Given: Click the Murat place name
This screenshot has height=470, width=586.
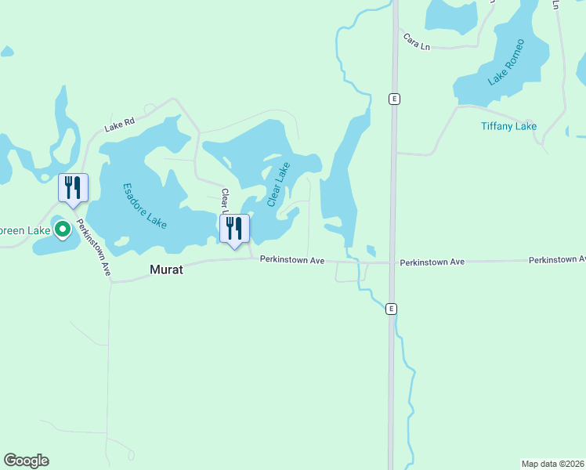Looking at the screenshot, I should pyautogui.click(x=166, y=269).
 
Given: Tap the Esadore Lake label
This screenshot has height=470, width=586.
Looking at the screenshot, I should pyautogui.click(x=145, y=206).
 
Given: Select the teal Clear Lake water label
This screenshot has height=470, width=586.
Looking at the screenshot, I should pyautogui.click(x=278, y=184).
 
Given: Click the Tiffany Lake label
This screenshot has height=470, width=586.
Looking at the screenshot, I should pyautogui.click(x=508, y=126).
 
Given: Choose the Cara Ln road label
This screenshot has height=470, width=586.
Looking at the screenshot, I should pyautogui.click(x=417, y=42).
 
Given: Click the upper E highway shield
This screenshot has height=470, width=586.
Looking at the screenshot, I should pyautogui.click(x=395, y=99).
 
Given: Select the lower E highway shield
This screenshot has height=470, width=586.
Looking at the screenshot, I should pyautogui.click(x=391, y=309).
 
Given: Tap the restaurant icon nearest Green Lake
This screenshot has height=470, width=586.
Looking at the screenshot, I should pyautogui.click(x=74, y=188).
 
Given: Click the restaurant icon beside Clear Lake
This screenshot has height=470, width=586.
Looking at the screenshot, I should pyautogui.click(x=234, y=229).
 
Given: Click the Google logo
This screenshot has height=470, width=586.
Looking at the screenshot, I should pyautogui.click(x=26, y=461).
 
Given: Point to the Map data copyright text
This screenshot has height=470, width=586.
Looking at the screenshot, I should pyautogui.click(x=552, y=464).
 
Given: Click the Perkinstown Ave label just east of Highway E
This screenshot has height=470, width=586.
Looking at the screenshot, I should pyautogui.click(x=432, y=261).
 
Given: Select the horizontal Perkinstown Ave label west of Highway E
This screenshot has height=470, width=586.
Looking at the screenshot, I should pyautogui.click(x=292, y=259).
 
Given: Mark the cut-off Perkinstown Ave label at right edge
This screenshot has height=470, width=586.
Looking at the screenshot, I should pyautogui.click(x=557, y=258).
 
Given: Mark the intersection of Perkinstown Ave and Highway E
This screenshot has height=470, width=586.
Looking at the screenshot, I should pyautogui.click(x=392, y=262).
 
